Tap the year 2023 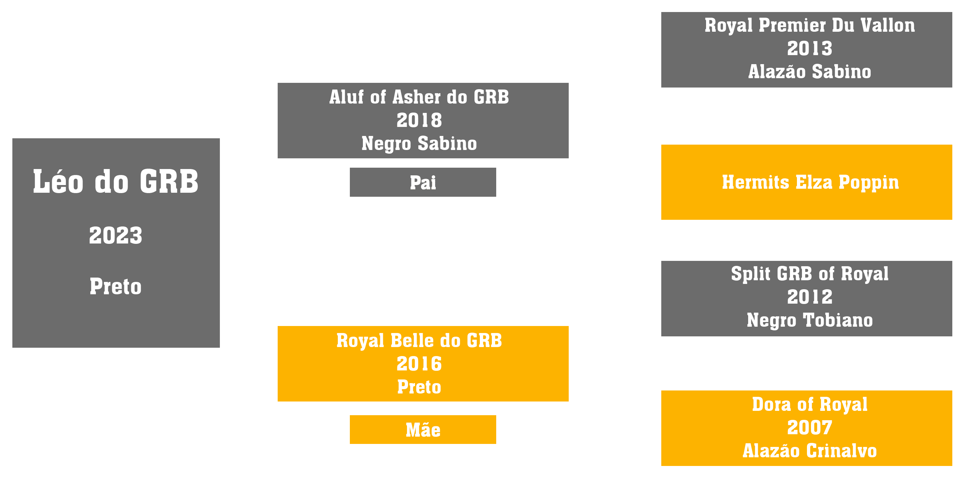tap(116, 235)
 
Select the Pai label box tap(423, 182)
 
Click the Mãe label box tap(423, 429)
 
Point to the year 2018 tap(419, 120)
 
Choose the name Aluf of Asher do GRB tap(419, 97)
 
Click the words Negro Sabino tap(419, 144)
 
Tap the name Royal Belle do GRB tap(419, 340)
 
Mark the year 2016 tap(419, 364)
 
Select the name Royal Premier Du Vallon tap(810, 25)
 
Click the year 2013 tap(810, 48)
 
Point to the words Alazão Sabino tap(810, 72)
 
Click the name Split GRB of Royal tap(810, 274)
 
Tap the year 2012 tap(810, 297)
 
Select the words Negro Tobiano tap(810, 320)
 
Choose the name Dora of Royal tap(810, 405)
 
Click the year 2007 tap(810, 428)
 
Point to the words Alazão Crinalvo tap(810, 451)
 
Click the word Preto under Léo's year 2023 tap(116, 287)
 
